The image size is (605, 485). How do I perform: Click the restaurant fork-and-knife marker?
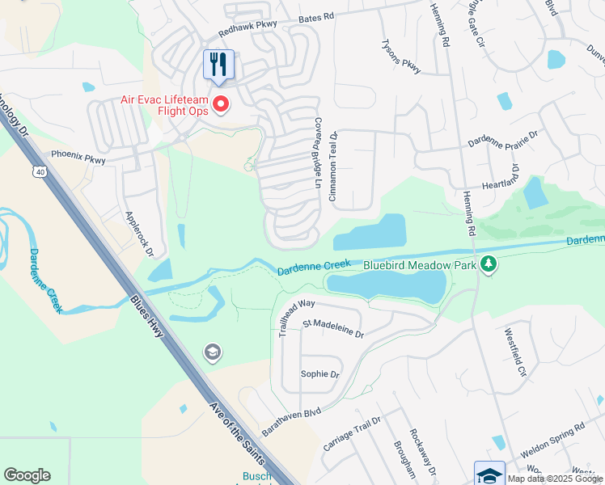[218, 65]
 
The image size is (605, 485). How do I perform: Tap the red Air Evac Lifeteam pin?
[219, 104]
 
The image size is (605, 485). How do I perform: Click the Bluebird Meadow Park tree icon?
[488, 264]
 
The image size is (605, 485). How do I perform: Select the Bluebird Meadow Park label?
[419, 264]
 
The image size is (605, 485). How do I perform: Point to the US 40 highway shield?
[40, 171]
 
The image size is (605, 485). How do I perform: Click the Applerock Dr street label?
[138, 234]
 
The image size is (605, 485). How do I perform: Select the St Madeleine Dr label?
[333, 328]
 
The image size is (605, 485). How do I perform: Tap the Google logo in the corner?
[27, 475]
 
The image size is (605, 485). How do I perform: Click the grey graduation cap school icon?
[212, 352]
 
